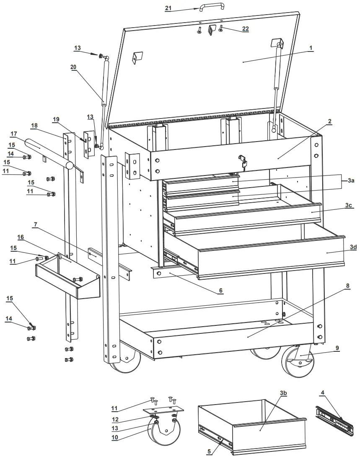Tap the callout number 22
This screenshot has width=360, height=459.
click(x=246, y=29)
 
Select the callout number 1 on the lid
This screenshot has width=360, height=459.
click(x=311, y=48)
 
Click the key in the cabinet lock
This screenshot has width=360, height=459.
click(x=243, y=161)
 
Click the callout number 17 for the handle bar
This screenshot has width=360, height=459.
click(x=14, y=134)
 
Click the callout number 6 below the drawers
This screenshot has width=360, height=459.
click(x=221, y=290)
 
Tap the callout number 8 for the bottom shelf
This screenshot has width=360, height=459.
click(x=347, y=286)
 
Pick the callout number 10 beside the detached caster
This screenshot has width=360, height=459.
click(x=115, y=438)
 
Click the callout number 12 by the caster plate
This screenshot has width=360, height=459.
click(x=115, y=419)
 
